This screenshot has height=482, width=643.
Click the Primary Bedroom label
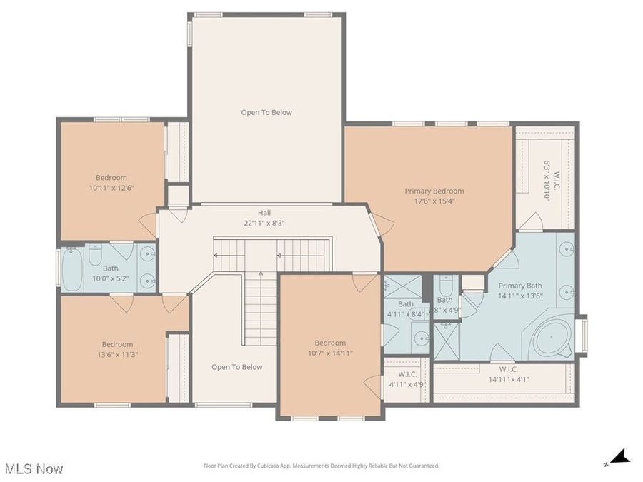pyautogui.click(x=434, y=191)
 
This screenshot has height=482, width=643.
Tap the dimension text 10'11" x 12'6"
pyautogui.click(x=111, y=188)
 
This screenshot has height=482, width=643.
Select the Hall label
pyautogui.click(x=264, y=213)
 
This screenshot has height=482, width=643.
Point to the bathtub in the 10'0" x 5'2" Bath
pyautogui.click(x=72, y=269)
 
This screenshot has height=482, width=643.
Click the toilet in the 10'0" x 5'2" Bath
pyautogui.click(x=96, y=256)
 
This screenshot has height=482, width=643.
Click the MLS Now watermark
pyautogui.click(x=34, y=469)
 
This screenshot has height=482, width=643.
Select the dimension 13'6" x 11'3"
pyautogui.click(x=117, y=353)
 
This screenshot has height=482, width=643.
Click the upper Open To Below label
pyautogui.click(x=266, y=112)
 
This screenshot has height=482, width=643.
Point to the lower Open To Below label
pyautogui.click(x=236, y=367)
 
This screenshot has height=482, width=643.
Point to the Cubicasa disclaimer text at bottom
pyautogui.click(x=321, y=466)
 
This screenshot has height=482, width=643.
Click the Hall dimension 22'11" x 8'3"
pyautogui.click(x=264, y=222)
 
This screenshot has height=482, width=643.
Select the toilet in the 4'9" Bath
pyautogui.click(x=444, y=287)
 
